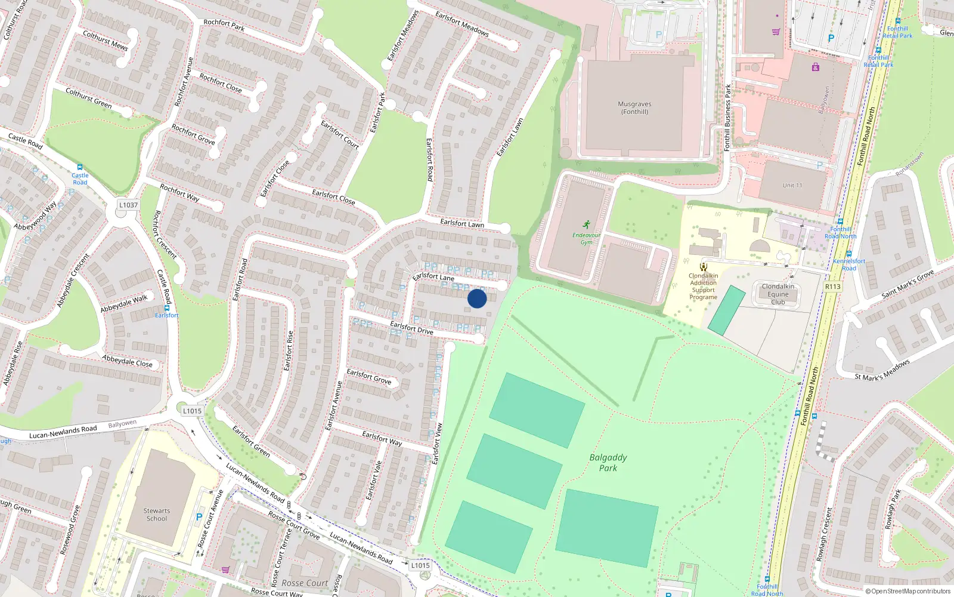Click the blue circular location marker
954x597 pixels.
pos(477,298)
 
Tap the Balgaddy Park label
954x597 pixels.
pos(608,463)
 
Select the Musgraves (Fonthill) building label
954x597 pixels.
pos(634,107)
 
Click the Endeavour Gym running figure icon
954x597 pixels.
pos(587,224)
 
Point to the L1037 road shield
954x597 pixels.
pos(128,205)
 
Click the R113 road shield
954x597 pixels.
pos(832,287)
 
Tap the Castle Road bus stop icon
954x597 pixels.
pos(80,168)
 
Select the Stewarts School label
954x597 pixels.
pos(157,515)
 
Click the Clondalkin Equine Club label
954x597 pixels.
pos(778,294)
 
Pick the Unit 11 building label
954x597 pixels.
pos(792,185)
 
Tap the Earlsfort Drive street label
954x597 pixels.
pos(411,327)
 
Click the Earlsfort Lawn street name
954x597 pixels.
pos(510,137)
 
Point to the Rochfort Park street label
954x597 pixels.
pos(224,24)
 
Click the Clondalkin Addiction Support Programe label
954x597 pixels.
pos(704,287)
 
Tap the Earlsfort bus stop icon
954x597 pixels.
pos(166,307)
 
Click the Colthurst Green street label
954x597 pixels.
pos(88,98)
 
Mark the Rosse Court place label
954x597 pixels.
pos(305,583)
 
